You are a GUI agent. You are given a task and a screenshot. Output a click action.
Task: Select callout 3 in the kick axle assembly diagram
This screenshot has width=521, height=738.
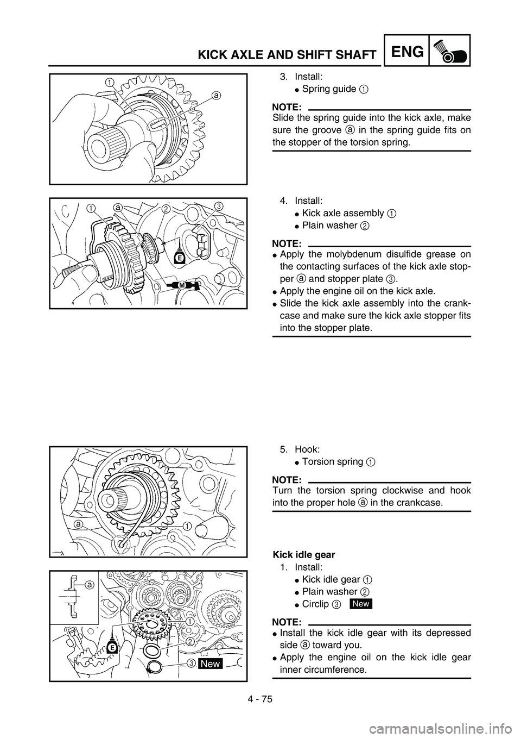pos(218,206)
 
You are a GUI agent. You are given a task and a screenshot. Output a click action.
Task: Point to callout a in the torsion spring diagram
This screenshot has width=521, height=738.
pos(79,525)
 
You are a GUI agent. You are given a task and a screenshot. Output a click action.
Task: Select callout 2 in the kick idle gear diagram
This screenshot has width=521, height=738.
pos(190,641)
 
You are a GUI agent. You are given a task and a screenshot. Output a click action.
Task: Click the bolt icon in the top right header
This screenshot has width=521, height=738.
pos(450,52)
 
